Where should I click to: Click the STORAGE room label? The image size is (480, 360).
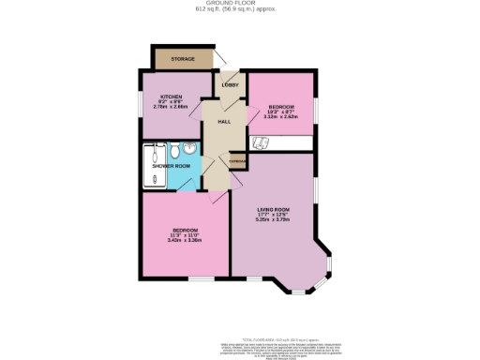tap(183, 60)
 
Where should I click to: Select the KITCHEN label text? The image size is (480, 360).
tap(171, 97)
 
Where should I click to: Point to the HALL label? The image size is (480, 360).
tap(224, 122)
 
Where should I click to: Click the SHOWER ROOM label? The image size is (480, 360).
tap(172, 166)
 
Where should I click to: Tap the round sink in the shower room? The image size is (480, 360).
tap(190, 149)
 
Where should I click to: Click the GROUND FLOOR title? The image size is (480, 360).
tap(239, 5)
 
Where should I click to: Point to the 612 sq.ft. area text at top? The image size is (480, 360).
tap(239, 11)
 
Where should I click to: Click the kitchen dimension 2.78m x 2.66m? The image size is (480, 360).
tap(171, 107)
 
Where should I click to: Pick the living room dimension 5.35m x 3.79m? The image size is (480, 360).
tap(274, 221)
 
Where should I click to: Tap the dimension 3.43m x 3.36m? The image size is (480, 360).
tap(185, 240)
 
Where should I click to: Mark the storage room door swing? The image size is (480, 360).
tap(219, 58)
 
